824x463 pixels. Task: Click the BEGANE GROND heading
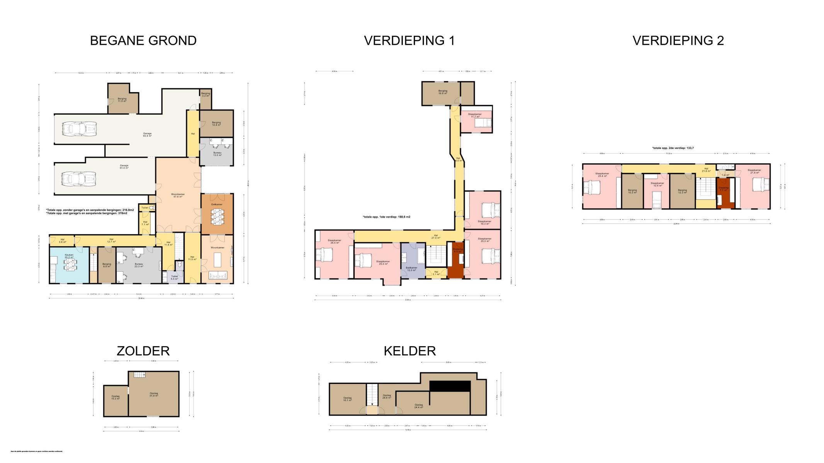tap(143, 41)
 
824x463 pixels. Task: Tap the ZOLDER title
tap(143, 351)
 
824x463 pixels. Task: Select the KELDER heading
tap(409, 351)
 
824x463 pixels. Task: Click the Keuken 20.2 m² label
tap(69, 256)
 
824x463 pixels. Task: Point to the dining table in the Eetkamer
tap(217, 216)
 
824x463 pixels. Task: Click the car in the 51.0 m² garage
tap(79, 179)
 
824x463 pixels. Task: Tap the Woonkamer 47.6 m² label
tap(178, 196)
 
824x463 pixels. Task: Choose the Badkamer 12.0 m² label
tap(411, 269)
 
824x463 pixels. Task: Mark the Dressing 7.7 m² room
tap(724, 193)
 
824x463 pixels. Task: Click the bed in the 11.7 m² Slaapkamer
tap(481, 123)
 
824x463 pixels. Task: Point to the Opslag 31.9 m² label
tap(154, 394)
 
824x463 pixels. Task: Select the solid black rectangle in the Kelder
tap(450, 386)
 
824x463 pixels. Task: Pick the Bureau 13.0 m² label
tap(217, 154)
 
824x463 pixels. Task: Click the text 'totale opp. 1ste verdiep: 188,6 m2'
tap(386, 217)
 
